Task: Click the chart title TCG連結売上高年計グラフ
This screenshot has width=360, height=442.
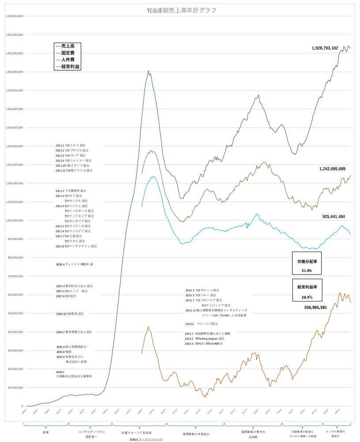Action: [x=181, y=10]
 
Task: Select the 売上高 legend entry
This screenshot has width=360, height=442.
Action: [x=67, y=46]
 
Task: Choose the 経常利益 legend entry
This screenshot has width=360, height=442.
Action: [x=70, y=67]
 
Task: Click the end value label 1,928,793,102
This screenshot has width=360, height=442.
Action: [x=325, y=48]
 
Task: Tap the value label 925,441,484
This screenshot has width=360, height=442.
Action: [x=334, y=217]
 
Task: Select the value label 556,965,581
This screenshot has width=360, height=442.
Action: [x=315, y=307]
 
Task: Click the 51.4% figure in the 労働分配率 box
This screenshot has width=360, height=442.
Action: [x=307, y=270]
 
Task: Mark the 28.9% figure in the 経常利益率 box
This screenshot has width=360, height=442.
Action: [x=307, y=297]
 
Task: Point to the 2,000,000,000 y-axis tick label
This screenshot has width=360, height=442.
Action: [x=16, y=34]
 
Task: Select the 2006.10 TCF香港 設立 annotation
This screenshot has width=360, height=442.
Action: [x=70, y=314]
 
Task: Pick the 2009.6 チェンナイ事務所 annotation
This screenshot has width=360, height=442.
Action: [x=75, y=264]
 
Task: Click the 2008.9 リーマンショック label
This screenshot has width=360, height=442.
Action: [x=146, y=439]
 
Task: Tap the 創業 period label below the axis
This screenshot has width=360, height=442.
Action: [x=46, y=432]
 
